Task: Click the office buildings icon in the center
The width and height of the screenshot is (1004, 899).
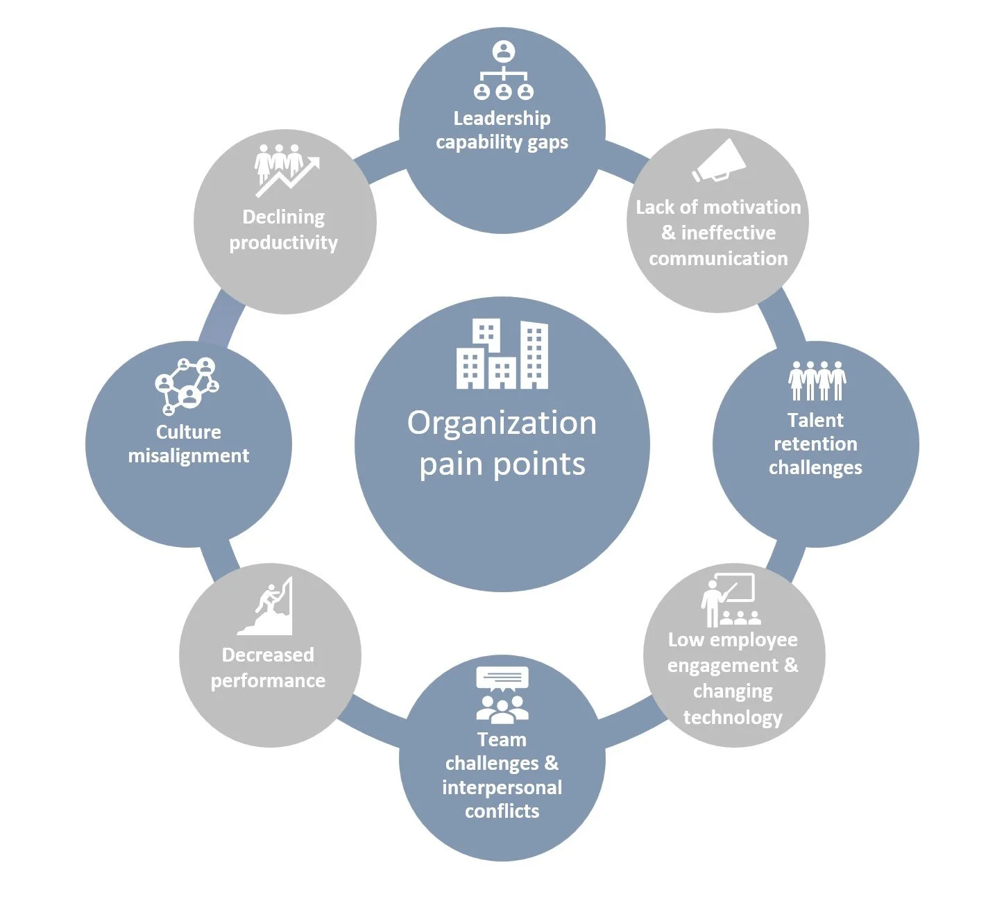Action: [502, 354]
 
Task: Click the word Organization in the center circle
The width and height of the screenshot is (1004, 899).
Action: [502, 423]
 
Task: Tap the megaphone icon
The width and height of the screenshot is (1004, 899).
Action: [719, 161]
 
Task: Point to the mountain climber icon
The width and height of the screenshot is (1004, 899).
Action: [267, 606]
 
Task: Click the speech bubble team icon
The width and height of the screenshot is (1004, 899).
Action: [502, 695]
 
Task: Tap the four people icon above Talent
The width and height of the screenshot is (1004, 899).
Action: [817, 380]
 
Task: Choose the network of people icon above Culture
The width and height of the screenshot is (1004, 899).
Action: [187, 385]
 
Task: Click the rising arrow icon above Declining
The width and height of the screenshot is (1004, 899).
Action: [286, 169]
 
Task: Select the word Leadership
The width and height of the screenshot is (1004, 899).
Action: [502, 119]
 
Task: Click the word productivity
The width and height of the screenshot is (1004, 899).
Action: [283, 243]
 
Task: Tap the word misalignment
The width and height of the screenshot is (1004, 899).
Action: [189, 456]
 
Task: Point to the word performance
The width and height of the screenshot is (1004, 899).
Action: [268, 681]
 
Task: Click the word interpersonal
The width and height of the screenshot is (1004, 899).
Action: [502, 788]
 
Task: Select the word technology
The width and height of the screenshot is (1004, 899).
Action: [733, 717]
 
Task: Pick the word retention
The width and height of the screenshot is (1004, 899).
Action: [815, 444]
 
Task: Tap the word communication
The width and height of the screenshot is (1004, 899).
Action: [718, 259]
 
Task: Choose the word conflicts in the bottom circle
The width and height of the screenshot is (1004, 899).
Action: [502, 812]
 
